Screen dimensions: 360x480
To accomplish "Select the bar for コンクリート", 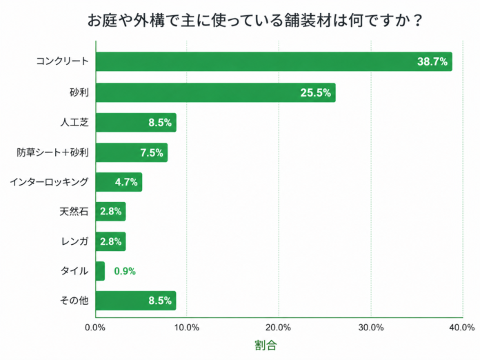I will point(273,61).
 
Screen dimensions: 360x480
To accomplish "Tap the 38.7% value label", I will point(432,61).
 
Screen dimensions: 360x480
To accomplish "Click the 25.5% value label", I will point(316,92).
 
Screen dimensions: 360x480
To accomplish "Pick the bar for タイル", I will point(100,271).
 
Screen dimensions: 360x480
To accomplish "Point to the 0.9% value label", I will point(125,271).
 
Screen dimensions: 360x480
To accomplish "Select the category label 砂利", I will point(79,92).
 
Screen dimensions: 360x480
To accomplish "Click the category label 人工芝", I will point(74,123).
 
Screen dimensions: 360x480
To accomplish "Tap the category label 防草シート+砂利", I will point(53,152).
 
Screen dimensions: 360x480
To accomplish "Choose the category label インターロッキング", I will point(49,182).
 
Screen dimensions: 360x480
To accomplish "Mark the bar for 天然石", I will point(110,212).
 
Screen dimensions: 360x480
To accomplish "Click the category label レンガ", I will point(74,241).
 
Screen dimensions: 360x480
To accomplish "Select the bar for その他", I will point(135,301).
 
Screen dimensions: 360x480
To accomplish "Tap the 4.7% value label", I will point(127,182).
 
